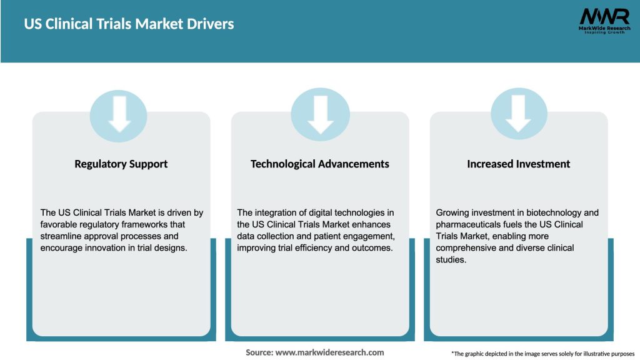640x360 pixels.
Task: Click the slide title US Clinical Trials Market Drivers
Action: pos(129,24)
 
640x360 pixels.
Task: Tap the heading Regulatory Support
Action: pos(121,164)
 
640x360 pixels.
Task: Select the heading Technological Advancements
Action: pos(320,164)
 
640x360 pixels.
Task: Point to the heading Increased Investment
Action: pos(519,164)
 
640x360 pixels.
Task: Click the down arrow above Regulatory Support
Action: pos(119,114)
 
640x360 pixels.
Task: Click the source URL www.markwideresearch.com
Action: pos(329,352)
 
